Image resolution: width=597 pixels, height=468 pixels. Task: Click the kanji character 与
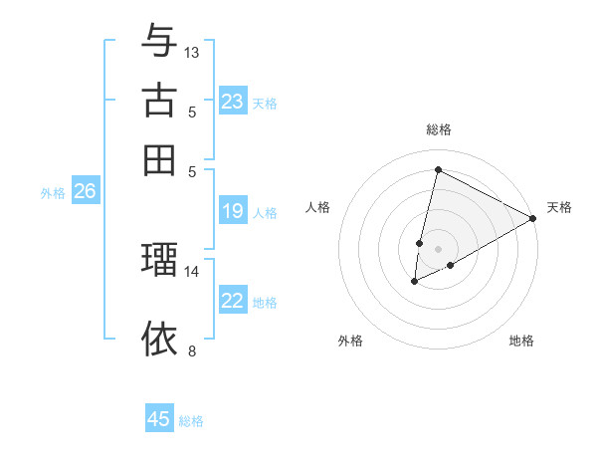(159, 41)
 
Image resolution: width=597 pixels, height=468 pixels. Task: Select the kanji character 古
(159, 101)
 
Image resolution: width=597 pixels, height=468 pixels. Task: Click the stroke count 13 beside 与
(192, 52)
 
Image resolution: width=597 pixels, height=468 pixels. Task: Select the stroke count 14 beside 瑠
(192, 271)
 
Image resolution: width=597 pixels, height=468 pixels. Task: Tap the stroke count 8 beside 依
(192, 351)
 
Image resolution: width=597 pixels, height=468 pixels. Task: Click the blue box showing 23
(233, 102)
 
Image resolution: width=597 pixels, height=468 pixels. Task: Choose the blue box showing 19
(233, 211)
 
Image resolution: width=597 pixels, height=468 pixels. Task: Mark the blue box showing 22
(233, 301)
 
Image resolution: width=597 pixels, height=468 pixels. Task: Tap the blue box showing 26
(85, 191)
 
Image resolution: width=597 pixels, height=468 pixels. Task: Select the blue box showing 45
(159, 419)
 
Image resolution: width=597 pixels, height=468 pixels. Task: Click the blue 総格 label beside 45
(191, 421)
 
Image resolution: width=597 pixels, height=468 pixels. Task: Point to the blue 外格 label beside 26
(53, 193)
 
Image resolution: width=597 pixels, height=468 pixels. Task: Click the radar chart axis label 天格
(559, 207)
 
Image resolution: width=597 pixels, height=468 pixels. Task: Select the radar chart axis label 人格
(318, 207)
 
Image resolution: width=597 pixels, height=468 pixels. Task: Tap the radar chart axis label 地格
(521, 341)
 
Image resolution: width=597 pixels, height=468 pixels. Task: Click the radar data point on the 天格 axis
(533, 218)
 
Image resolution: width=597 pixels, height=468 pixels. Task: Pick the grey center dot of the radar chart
(438, 248)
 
